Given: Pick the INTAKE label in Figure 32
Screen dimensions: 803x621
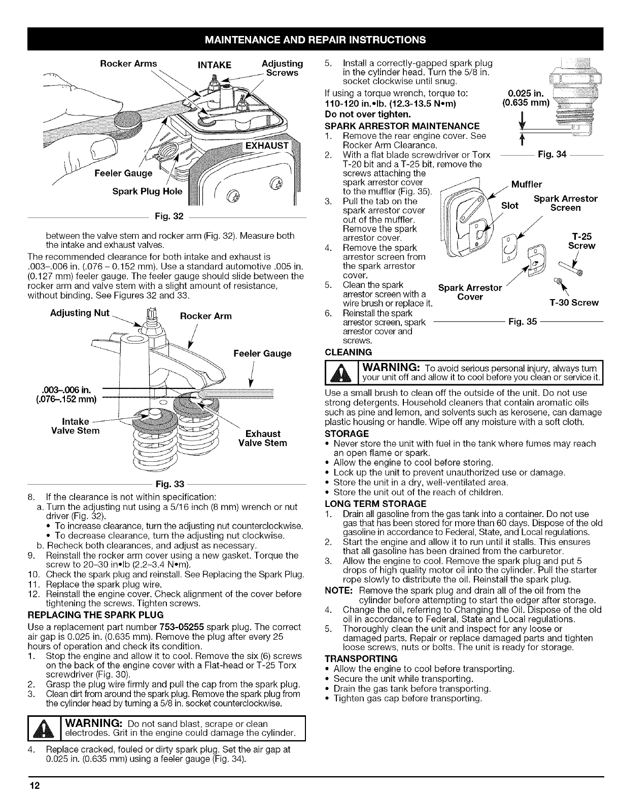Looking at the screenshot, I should point(214,65).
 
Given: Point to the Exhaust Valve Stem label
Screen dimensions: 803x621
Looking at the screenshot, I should point(263,439).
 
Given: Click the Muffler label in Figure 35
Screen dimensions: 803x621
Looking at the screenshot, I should point(527,184).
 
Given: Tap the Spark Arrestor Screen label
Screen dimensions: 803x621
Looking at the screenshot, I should point(566,203).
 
